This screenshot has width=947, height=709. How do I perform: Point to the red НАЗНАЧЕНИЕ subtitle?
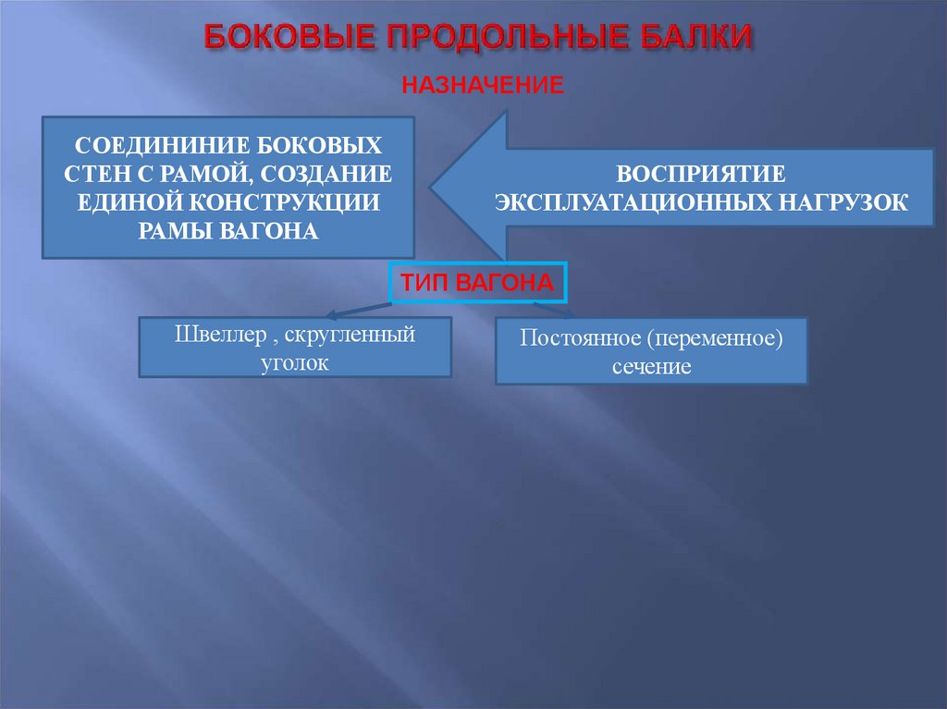coord(483,86)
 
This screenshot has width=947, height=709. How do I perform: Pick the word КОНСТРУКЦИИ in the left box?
coord(303,202)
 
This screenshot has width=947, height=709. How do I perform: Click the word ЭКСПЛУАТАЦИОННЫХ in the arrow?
coord(635,202)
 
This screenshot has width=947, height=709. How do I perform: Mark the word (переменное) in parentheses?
coord(715,339)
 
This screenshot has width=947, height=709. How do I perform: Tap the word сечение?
coord(651,366)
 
